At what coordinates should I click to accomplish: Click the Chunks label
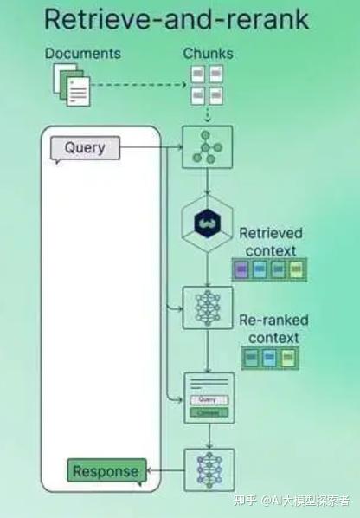208,54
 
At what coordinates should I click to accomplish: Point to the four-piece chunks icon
207,84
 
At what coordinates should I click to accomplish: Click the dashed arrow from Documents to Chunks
138,85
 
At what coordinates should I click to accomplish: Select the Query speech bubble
84,148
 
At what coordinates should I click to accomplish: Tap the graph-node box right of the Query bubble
207,147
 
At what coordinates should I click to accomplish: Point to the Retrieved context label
271,242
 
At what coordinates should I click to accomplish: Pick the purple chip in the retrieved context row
241,269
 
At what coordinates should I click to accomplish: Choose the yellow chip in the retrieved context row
296,269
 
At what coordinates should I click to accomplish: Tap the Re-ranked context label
273,328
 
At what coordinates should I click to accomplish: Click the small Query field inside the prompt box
208,399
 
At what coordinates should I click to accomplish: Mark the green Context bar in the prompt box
208,412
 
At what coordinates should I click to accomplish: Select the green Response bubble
106,471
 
